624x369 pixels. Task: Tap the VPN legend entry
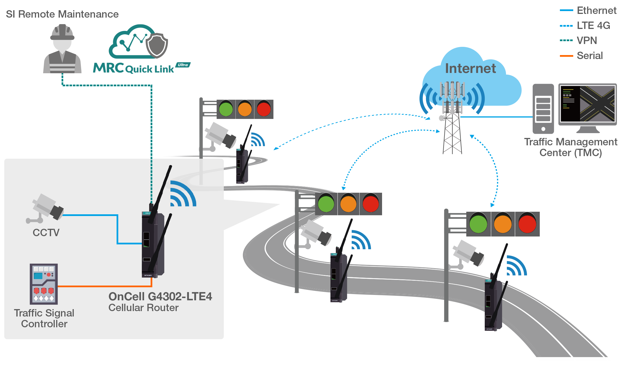tap(587, 41)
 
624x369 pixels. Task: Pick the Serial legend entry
tap(589, 56)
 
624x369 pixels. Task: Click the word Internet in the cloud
tap(470, 68)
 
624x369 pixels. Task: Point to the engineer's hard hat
tap(62, 32)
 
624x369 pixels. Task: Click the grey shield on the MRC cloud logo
tap(157, 45)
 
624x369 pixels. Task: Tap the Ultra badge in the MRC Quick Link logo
tap(183, 65)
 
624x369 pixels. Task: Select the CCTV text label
tap(46, 233)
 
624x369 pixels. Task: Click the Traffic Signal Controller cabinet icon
tap(44, 284)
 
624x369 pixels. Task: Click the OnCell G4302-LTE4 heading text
tap(160, 297)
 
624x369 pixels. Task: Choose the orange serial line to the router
tap(105, 286)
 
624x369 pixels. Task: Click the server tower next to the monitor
tap(543, 109)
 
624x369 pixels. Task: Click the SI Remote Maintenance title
tap(62, 14)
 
